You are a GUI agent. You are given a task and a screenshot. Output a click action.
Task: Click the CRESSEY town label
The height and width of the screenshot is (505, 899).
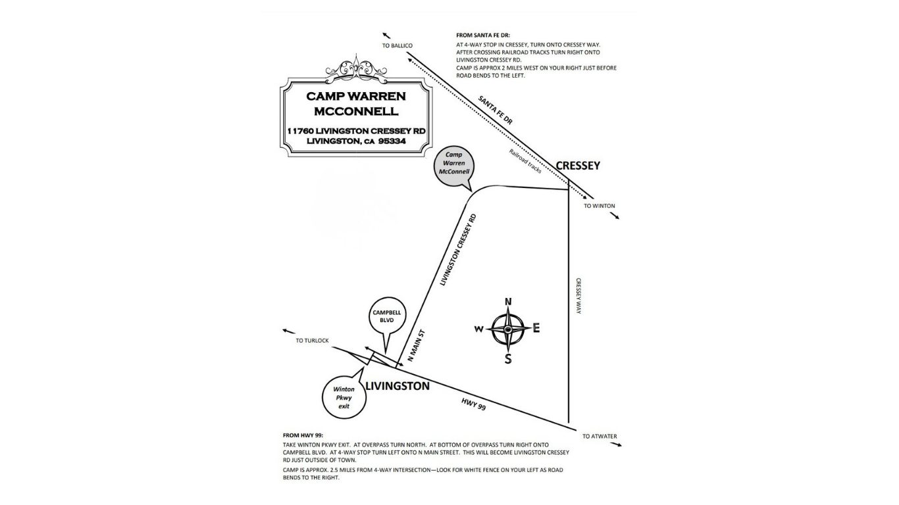[x=578, y=166]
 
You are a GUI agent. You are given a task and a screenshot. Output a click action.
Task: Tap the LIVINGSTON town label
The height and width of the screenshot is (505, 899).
[x=397, y=386]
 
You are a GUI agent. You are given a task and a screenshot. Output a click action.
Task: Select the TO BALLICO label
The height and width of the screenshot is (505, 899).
[x=397, y=45]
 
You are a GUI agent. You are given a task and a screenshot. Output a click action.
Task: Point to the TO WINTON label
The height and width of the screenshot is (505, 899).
[x=599, y=206]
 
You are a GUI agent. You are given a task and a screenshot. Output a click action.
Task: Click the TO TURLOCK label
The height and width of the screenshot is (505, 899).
[x=312, y=341]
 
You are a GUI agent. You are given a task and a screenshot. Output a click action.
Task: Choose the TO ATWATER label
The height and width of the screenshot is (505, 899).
[x=600, y=436]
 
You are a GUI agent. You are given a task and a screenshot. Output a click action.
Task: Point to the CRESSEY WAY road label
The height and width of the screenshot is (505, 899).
[x=578, y=295]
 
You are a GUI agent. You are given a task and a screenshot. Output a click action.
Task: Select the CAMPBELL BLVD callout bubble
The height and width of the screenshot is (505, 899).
[x=387, y=316]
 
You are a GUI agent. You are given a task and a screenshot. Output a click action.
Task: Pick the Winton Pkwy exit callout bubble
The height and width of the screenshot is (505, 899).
[x=344, y=397]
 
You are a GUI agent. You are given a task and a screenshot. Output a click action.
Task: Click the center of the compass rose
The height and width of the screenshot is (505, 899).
[x=508, y=329]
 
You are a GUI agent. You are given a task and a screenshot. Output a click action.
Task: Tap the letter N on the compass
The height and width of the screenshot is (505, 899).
[x=508, y=302]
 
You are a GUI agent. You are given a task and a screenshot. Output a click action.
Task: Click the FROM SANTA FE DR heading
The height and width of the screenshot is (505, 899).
[x=483, y=35]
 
